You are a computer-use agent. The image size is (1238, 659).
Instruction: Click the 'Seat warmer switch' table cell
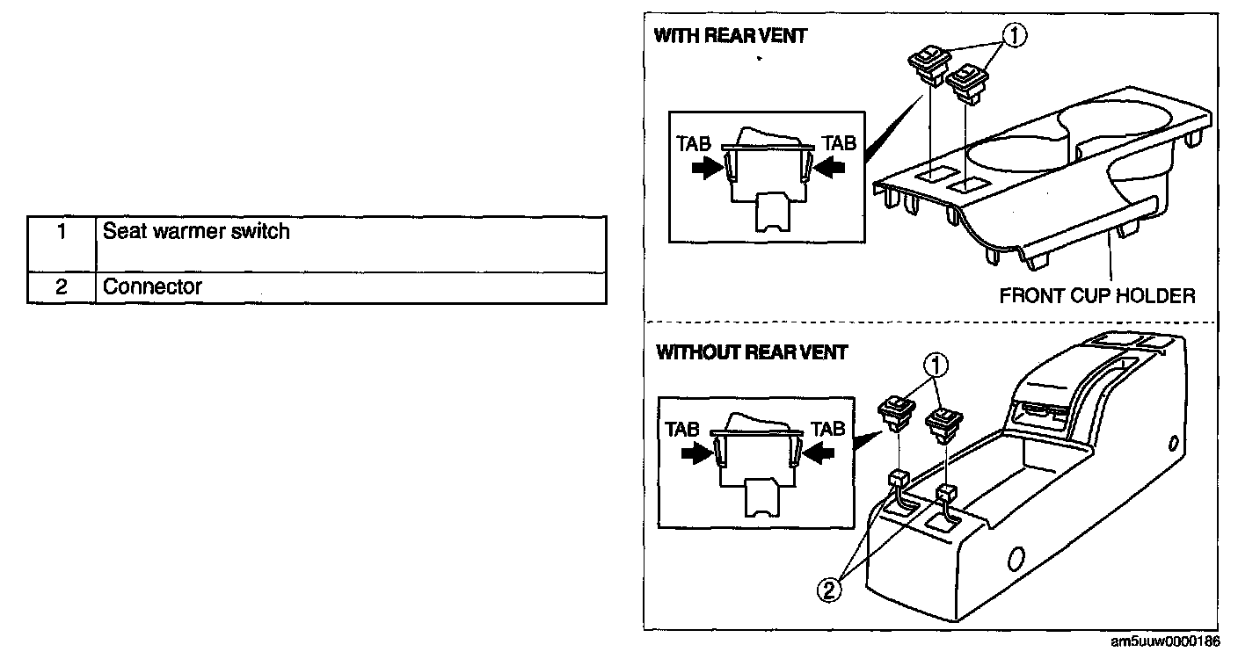(350, 243)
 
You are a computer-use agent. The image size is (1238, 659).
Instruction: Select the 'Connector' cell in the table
(350, 287)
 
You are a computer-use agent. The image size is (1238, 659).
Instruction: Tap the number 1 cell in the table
(61, 233)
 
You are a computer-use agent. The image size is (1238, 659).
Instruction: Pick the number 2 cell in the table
(61, 287)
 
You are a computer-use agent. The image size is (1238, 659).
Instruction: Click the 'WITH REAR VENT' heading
(731, 37)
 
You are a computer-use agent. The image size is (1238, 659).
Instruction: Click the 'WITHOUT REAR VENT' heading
(752, 352)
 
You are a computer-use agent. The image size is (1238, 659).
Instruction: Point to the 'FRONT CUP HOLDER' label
(1097, 295)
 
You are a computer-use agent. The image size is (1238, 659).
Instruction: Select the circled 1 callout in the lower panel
(938, 364)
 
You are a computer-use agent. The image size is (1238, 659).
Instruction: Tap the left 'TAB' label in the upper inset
(694, 142)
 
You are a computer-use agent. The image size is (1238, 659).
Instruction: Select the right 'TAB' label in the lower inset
(827, 429)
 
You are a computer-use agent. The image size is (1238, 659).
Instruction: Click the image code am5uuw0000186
(1165, 642)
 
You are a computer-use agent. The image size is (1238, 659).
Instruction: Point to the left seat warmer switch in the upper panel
(926, 63)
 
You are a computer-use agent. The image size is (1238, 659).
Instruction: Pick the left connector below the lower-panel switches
(899, 480)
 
